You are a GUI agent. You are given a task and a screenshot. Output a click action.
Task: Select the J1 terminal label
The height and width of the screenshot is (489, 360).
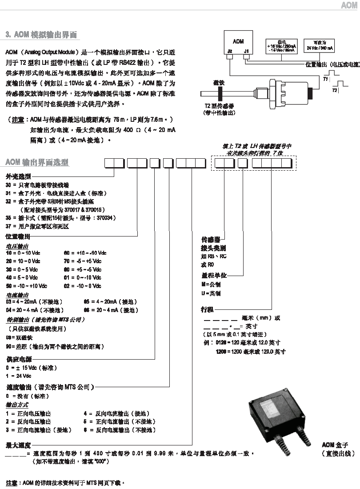coord(246,51)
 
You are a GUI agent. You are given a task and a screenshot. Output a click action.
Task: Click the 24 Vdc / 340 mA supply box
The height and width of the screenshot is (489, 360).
coord(320,46)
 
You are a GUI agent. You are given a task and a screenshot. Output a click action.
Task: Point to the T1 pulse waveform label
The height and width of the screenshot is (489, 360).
coord(325,79)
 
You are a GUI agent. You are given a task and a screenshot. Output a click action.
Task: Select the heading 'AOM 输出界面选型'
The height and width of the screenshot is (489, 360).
coord(36,162)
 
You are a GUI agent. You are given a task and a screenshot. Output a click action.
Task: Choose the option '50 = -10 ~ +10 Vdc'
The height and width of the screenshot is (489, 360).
coord(26,286)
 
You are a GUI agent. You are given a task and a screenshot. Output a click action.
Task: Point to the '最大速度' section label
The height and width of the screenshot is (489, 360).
coord(18,445)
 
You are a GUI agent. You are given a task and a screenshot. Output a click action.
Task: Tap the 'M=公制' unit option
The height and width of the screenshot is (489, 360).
coord(211,285)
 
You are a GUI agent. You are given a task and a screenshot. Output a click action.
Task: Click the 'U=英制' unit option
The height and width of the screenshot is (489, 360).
coord(211,294)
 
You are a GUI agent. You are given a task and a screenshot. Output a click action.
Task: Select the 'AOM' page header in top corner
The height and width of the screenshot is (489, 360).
coord(348,5)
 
